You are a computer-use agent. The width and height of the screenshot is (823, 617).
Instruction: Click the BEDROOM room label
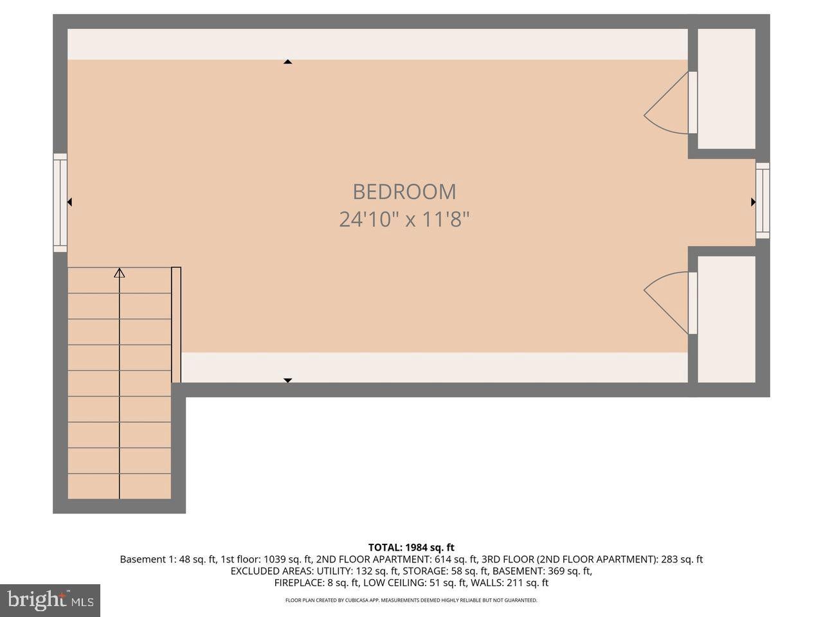pos(404,192)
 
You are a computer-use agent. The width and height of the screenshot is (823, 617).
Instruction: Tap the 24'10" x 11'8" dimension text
pos(404,220)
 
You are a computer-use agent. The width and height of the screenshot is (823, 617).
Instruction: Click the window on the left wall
pos(60,202)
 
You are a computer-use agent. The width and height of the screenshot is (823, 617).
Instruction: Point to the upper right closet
pos(726,89)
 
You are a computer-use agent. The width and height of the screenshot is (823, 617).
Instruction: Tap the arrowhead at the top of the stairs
pos(119,273)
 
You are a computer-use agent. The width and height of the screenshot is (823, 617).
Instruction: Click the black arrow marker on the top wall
pos(288,62)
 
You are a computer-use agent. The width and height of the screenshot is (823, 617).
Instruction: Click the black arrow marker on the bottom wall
pos(288,380)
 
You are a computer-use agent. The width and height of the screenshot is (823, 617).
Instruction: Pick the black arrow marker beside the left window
pos(69,202)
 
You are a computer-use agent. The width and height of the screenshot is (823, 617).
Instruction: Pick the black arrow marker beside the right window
pos(753,202)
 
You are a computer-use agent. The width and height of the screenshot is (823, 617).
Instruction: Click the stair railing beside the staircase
pos(176,325)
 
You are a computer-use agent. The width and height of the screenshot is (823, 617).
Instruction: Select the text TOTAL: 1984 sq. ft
pos(411,548)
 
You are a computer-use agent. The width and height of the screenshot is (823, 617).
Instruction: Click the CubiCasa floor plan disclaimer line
pos(411,600)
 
